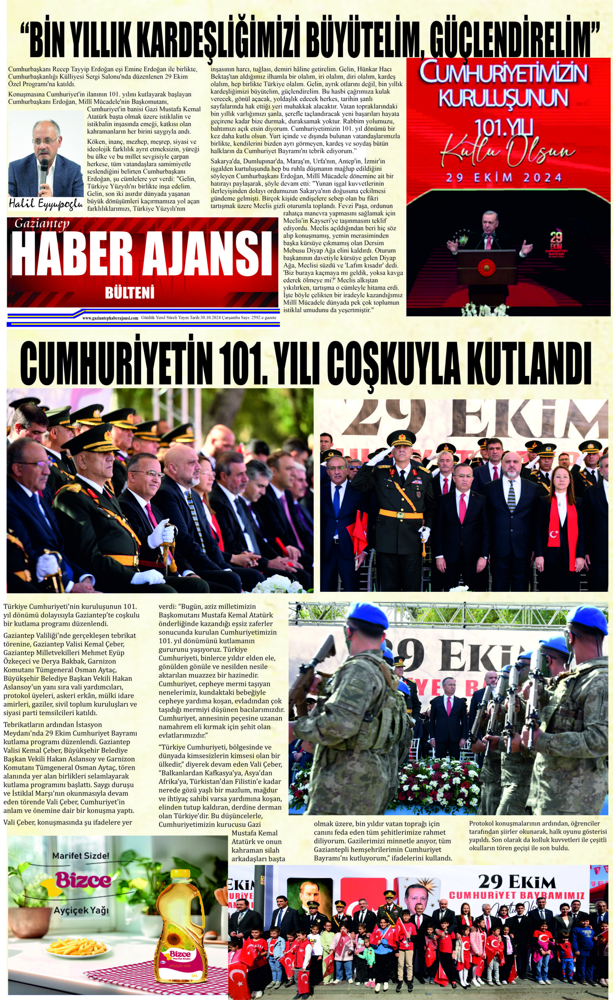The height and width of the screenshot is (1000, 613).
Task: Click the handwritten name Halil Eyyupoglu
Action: tap(44, 204)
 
